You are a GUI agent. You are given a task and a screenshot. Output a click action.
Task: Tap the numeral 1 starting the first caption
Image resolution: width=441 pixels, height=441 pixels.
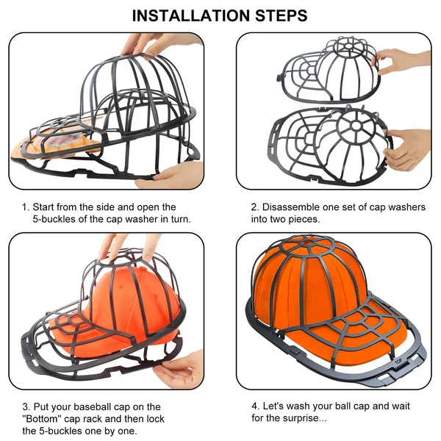click(24, 207)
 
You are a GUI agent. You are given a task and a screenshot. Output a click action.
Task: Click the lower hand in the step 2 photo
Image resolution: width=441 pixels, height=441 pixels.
click(408, 147)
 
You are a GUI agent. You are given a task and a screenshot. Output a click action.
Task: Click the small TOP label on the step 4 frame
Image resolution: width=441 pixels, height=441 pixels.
click(398, 361)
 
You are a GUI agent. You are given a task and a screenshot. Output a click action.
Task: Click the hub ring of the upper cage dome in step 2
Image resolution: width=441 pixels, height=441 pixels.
click(358, 52)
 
